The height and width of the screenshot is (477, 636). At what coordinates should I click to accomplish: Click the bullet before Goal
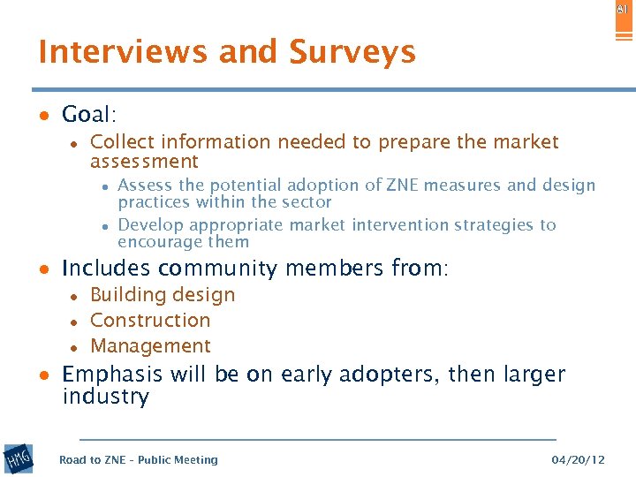click(42, 116)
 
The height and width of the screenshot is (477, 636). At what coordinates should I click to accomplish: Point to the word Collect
click(121, 142)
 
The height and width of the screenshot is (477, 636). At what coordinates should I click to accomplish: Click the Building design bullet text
click(163, 295)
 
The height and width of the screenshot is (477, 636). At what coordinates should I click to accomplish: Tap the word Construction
click(150, 321)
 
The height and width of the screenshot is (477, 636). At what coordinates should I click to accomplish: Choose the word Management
click(150, 346)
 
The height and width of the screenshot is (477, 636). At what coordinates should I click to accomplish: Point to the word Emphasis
click(113, 375)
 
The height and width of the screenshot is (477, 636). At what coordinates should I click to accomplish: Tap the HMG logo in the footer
click(19, 458)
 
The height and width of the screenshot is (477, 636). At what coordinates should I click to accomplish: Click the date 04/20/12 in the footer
click(578, 460)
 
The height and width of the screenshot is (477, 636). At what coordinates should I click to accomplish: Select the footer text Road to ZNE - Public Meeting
click(138, 460)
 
